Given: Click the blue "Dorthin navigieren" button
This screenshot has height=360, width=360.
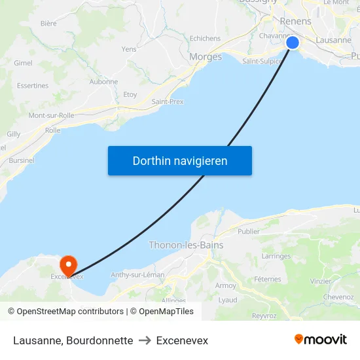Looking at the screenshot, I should tap(180, 160).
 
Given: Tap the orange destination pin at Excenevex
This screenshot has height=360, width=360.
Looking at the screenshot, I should tap(68, 264).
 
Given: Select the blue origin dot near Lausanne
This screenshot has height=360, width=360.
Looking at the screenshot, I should tap(293, 43).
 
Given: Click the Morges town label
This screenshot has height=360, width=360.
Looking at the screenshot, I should tap(206, 57).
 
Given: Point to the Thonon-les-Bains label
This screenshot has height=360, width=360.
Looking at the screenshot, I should tap(186, 245).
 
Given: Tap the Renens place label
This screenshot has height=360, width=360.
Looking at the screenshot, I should tap(295, 22).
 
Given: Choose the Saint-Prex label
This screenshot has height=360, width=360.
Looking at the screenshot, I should tap(168, 101).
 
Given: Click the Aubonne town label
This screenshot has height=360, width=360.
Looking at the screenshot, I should tap(103, 82).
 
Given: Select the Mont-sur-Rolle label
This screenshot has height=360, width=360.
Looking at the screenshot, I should tap(51, 115).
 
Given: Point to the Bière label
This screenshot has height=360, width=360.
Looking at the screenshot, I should tap(48, 23).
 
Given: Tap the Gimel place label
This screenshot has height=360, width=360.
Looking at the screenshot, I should tap(23, 63).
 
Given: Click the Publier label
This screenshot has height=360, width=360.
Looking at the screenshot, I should tap(249, 231).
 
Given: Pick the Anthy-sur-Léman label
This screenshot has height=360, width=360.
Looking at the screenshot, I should tap(137, 275).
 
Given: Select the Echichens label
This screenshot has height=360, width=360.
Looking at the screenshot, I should tap(205, 39).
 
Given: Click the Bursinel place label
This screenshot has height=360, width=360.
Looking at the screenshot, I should tap(22, 160).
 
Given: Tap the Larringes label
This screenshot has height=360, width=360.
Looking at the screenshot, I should tap(276, 257).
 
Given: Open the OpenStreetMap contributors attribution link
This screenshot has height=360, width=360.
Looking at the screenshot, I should tap(70, 312).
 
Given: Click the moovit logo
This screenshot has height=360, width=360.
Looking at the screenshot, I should tap(320, 340).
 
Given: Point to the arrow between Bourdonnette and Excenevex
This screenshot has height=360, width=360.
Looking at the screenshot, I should tap(145, 340).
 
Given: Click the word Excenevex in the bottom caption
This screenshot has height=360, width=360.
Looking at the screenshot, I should tap(182, 340).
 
